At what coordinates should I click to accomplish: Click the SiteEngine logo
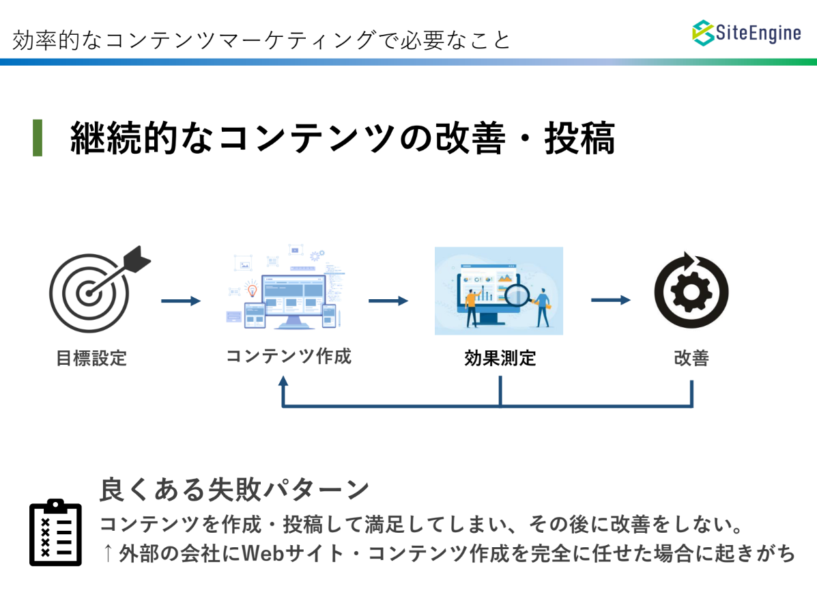(x=746, y=33)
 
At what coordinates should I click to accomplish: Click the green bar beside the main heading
(x=38, y=137)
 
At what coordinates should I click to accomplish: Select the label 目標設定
(x=91, y=358)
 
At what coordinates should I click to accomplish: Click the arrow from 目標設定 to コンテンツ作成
(x=181, y=301)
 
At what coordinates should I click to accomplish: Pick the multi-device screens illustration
(x=285, y=286)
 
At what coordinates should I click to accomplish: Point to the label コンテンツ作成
(x=289, y=356)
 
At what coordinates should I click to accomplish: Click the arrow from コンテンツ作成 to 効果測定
(x=388, y=301)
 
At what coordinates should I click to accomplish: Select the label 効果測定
(x=500, y=358)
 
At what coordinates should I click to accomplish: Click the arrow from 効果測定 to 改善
(x=611, y=300)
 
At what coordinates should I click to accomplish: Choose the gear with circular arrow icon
(x=691, y=290)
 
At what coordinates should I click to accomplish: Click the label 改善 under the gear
(x=691, y=358)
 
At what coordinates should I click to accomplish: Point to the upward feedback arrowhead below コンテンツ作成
(x=283, y=381)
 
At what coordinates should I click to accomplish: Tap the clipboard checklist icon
(x=56, y=532)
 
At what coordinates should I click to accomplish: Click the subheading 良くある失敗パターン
(x=235, y=490)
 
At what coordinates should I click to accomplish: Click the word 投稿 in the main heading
(x=580, y=138)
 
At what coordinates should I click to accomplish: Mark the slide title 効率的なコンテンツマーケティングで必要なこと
(x=261, y=40)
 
